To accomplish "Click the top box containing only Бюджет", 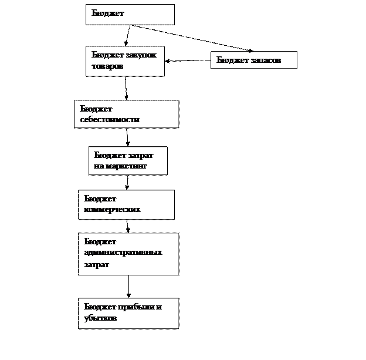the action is [x=130, y=15].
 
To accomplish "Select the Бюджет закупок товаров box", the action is [x=125, y=61].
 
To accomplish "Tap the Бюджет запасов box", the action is [x=253, y=60].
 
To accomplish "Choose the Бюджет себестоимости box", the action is [x=126, y=114].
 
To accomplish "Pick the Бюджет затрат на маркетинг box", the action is [x=128, y=161].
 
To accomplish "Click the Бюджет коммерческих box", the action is [x=126, y=204].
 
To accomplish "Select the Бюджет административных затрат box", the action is [x=128, y=254].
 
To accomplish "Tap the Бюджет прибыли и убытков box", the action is [x=128, y=313].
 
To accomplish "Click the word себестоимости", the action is [x=110, y=119].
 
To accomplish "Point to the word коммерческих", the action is [x=112, y=209].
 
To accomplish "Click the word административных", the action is [x=123, y=253].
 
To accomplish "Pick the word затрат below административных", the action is [x=96, y=264].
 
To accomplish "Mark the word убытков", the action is [x=100, y=318].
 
